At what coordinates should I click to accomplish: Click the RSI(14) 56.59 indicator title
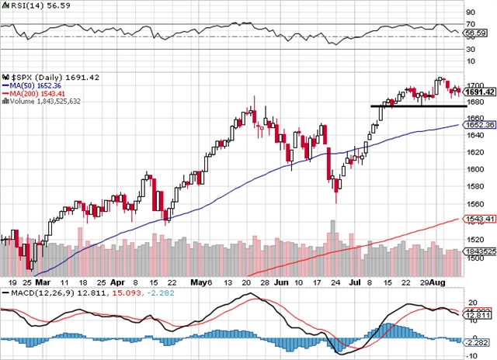click(x=26, y=8)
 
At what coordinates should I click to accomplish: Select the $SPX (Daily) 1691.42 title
click(x=39, y=77)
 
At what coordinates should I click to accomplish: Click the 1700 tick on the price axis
click(x=475, y=85)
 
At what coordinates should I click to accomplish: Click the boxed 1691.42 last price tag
click(x=480, y=92)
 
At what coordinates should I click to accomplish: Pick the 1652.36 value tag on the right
click(x=480, y=124)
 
